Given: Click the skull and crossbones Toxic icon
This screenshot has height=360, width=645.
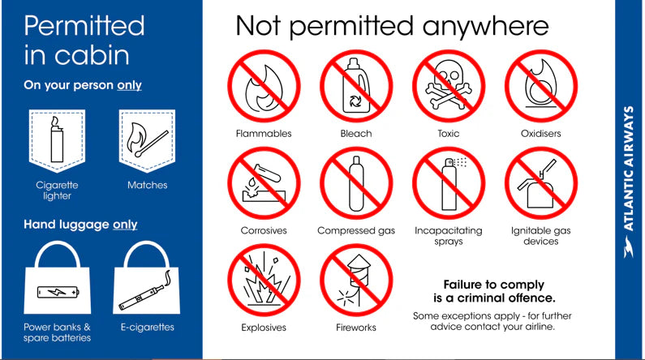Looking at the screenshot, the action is (x=449, y=86).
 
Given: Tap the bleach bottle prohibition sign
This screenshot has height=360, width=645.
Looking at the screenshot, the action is (x=356, y=86).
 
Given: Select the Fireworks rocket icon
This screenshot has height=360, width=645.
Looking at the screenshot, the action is (x=356, y=281).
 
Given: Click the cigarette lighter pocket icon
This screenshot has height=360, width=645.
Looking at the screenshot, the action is (x=57, y=140).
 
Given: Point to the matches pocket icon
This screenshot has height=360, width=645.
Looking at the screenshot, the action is (x=148, y=140).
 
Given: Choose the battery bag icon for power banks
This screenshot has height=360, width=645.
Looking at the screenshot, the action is (x=57, y=278).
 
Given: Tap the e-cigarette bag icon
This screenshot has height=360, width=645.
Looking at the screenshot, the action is (x=147, y=278).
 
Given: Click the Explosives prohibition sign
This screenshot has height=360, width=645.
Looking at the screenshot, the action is (x=264, y=281).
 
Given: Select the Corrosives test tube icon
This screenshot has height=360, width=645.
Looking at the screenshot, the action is (x=264, y=183).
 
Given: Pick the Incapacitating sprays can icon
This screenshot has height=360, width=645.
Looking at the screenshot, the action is (x=449, y=183).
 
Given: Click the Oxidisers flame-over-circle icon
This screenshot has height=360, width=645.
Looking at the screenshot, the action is (x=541, y=86).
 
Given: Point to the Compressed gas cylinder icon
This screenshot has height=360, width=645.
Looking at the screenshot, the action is (x=356, y=183).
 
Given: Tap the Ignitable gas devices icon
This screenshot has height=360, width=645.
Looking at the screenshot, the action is (x=541, y=183).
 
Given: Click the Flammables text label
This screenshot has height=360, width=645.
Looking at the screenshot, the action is (x=264, y=134).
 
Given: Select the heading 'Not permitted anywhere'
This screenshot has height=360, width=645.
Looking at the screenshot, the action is (x=392, y=27).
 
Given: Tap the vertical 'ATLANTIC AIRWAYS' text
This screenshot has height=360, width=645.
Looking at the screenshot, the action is (x=628, y=169).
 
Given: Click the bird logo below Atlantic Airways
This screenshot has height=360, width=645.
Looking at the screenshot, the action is (x=628, y=246).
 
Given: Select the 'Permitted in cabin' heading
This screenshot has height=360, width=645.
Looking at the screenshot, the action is (x=84, y=41).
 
